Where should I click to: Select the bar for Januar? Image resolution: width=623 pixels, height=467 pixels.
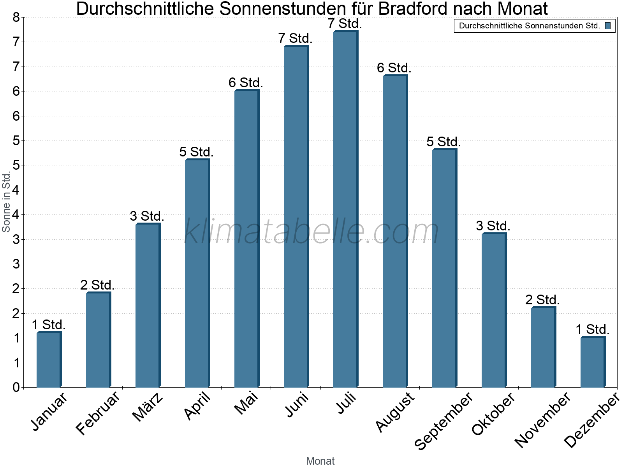coord(49,360)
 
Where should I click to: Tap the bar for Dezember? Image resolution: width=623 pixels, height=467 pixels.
coord(593,362)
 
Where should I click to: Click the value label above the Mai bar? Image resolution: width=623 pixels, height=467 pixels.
coord(246,83)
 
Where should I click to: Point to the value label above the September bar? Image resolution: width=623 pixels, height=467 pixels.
coord(443,142)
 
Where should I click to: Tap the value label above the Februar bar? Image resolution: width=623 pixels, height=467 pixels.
coord(97,285)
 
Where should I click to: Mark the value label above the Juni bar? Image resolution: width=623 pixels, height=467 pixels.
coord(295,38)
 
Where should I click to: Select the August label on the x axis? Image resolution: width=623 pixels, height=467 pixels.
coord(395,412)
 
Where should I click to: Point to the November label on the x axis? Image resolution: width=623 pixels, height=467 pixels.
coord(542,420)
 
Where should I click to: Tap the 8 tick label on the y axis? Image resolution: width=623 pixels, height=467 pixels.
coord(16,17)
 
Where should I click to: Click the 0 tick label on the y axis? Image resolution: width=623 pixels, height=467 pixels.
coord(16,387)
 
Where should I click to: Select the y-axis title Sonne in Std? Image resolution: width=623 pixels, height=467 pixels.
coord(6,202)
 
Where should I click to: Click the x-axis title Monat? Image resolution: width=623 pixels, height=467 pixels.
coord(320,461)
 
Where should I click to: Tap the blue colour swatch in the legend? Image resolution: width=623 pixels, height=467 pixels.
coord(608,26)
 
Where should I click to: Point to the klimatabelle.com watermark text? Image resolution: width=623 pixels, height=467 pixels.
coord(311,232)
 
